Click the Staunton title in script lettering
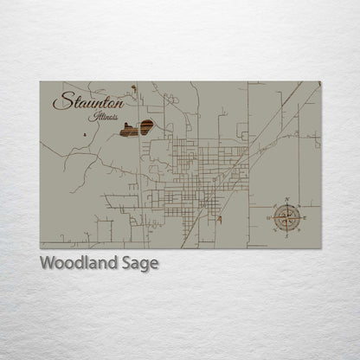pos(87,101)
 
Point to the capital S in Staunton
pos(61,101)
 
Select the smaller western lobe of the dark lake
pos(129,131)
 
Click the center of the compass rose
pos(286,216)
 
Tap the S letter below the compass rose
pos(286,234)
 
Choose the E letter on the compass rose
pos(302,216)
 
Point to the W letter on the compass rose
pos(270,216)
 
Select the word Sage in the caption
pos(140,263)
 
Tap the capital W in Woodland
pos(48,263)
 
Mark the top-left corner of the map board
pos(40,81)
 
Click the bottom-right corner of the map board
pos(320,248)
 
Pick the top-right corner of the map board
pos(320,81)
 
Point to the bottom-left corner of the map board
pos(40,248)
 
